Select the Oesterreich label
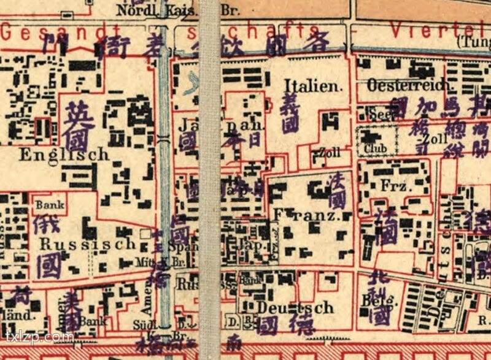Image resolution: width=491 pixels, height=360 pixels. click(408, 86)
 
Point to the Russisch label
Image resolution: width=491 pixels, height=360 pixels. click(87, 243)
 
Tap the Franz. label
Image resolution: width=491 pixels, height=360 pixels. click(306, 216)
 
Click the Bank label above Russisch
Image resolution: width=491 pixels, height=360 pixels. click(48, 204)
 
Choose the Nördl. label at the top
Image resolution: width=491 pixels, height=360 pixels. click(137, 10)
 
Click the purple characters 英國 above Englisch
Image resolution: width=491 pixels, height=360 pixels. click(79, 126)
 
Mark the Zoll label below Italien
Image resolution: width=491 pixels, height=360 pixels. click(325, 153)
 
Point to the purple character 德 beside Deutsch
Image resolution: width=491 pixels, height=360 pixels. click(301, 323)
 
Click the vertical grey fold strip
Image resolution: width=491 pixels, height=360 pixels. click(210, 178)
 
